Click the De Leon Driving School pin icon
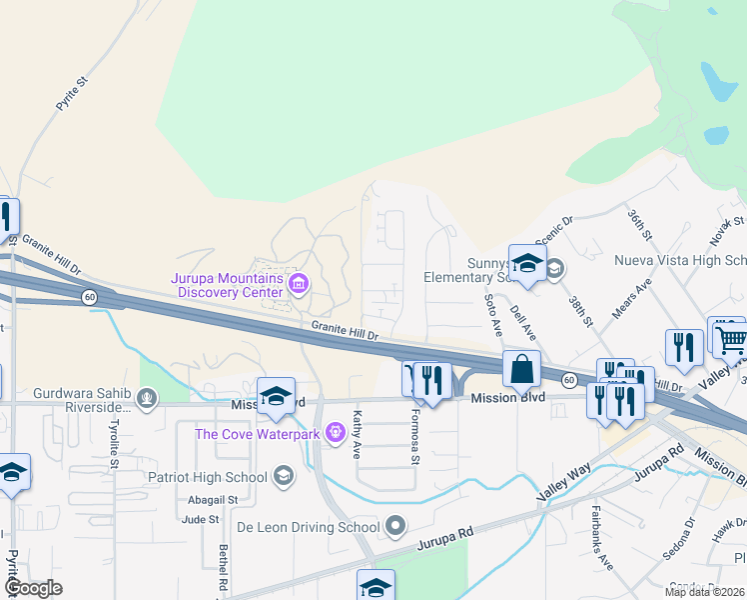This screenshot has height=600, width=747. point(395,526)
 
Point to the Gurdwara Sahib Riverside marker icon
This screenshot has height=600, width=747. point(147,400)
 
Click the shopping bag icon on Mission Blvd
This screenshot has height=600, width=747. point(521,369)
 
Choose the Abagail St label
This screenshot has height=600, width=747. point(212,499)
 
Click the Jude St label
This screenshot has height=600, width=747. point(200,519)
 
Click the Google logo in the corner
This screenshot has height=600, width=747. point(33,587)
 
